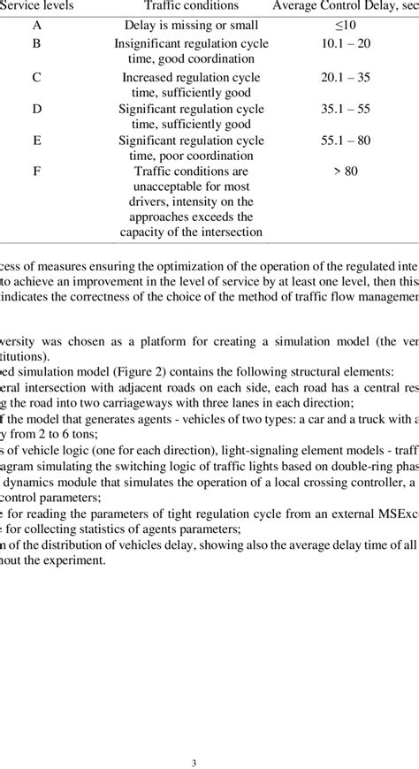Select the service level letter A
36,26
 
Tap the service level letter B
36,42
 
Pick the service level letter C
36,76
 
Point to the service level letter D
36,109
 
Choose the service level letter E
36,141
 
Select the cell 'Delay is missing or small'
190,26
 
